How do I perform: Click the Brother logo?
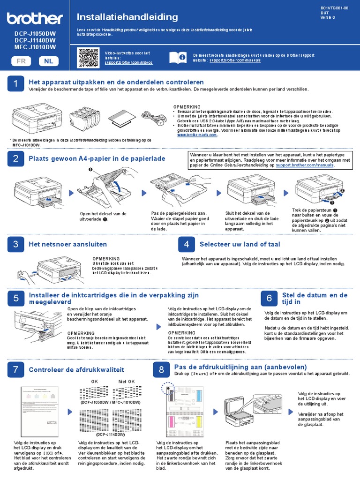pos(35,18)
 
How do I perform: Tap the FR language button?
pos(21,61)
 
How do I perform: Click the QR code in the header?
pos(87,57)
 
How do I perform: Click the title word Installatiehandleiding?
pos(120,17)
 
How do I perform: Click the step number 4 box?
pos(186,244)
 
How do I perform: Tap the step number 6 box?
pos(269,299)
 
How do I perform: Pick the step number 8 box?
pos(161,370)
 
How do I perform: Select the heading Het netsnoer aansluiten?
pos(67,244)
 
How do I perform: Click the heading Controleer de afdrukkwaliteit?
pos(76,370)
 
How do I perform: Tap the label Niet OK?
pos(127,381)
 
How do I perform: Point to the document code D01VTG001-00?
pos(335,8)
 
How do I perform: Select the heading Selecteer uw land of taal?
pos(240,244)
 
